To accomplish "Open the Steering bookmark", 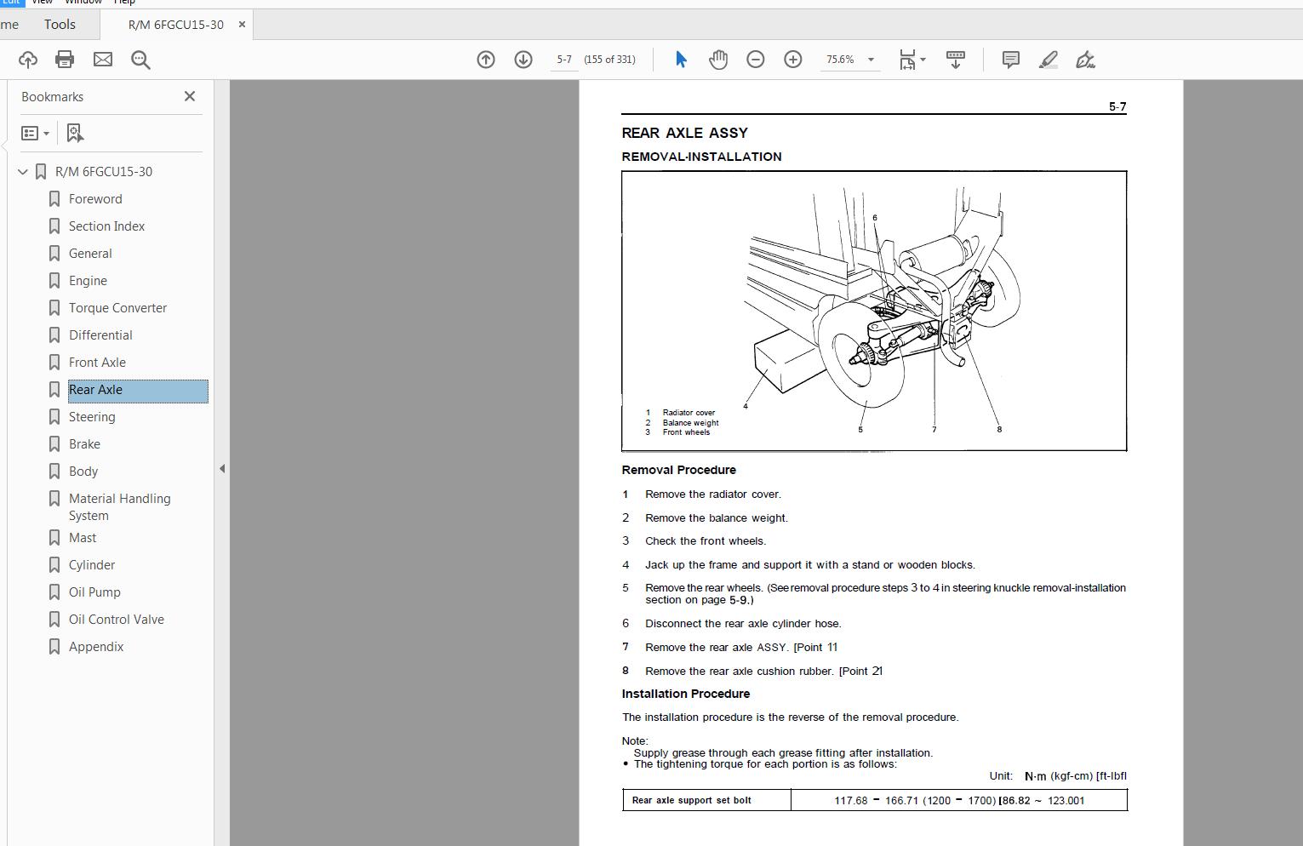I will (92, 417).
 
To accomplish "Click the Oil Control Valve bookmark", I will (116, 620).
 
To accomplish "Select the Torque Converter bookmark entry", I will (117, 308).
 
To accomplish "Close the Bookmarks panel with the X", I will (190, 97).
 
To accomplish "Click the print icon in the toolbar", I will (65, 60).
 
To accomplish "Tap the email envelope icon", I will (103, 60).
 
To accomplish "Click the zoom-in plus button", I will (792, 60).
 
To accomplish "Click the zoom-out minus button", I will (755, 60).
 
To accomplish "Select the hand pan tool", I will (718, 60).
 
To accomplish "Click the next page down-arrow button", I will (523, 60).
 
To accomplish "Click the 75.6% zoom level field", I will (840, 60).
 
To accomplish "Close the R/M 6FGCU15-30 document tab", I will (242, 25).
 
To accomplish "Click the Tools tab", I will (60, 25).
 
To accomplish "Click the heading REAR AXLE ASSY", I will (684, 133).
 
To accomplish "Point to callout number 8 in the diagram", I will (999, 429).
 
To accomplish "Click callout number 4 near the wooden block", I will (746, 406).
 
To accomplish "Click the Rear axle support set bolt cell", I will (691, 800).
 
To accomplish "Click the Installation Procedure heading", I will (685, 694).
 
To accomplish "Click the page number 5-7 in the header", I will (1117, 106).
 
